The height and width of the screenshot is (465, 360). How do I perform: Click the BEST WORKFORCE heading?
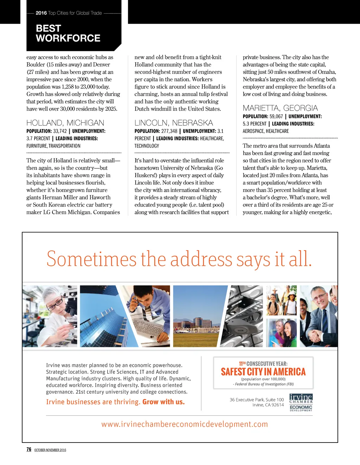point(68,33)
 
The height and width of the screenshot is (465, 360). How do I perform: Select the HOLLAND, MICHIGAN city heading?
point(65,123)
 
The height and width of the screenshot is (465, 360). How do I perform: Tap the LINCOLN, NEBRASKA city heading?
point(174,123)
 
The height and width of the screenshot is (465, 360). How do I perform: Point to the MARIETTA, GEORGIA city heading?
point(280,108)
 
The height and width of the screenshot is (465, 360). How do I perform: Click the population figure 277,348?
point(169,131)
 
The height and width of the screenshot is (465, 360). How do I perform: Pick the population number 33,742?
point(60,131)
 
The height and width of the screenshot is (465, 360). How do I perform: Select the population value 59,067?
point(276,116)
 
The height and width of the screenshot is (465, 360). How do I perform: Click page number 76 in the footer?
point(29,449)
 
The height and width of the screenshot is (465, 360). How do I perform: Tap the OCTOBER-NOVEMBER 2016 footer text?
point(50,450)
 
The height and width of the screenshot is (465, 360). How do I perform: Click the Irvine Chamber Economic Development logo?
point(301,402)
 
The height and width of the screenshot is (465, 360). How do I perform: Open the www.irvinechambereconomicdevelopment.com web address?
point(185,424)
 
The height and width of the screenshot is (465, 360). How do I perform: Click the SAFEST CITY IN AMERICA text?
point(263,372)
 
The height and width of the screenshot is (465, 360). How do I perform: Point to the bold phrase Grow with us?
point(163,402)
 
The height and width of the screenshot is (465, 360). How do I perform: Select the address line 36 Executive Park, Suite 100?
point(257,400)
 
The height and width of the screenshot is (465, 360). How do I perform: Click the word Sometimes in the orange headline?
point(91,259)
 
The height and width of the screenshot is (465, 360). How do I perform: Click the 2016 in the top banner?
point(41,13)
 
